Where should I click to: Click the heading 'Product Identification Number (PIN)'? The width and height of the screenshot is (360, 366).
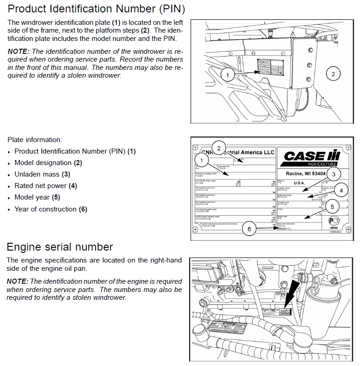coord(96,9)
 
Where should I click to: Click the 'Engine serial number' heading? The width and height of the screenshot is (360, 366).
coord(60,247)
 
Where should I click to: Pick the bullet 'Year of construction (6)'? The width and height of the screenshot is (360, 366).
coord(51,209)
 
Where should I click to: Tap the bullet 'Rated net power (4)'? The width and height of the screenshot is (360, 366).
coord(46,186)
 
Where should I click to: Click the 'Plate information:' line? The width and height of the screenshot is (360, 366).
coord(35,139)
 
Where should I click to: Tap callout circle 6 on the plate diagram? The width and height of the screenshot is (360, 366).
coord(249,229)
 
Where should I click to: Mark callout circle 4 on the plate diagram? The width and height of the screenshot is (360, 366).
coord(341,189)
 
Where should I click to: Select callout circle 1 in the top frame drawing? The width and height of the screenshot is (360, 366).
coord(229,74)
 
